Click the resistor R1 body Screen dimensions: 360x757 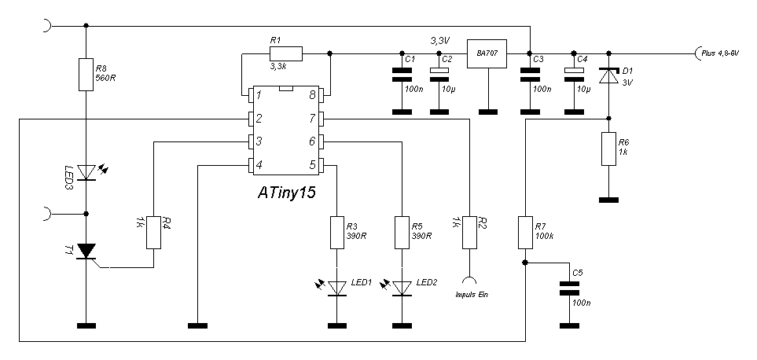285,53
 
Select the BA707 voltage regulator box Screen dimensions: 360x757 487,53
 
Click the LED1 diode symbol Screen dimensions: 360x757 338,288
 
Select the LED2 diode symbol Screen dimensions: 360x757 403,288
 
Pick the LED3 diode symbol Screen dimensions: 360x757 85,172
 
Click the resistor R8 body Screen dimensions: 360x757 85,74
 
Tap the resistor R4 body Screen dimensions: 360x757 154,232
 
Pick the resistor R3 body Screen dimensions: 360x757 338,232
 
